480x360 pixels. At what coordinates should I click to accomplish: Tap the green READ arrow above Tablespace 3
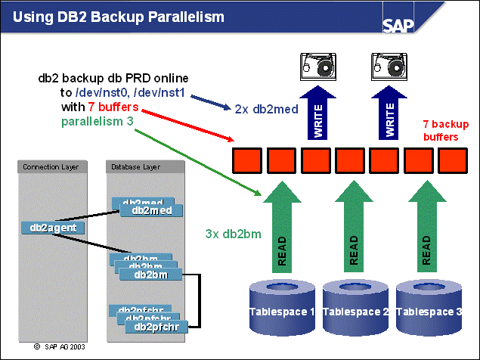[x=427, y=231]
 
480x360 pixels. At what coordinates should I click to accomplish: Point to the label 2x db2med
[x=265, y=109]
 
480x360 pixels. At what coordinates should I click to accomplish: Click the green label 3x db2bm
[x=233, y=234]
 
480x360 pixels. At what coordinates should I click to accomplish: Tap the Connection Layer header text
[x=45, y=166]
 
